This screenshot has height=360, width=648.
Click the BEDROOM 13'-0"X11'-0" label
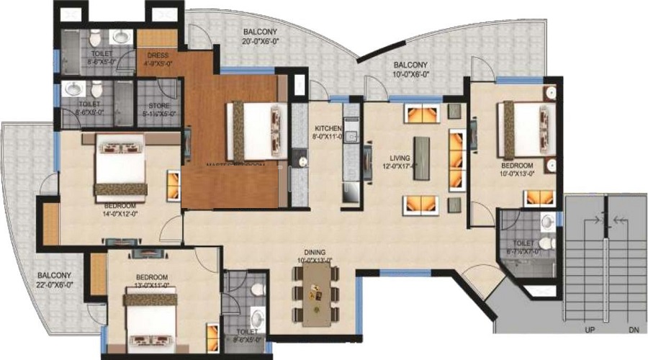(x=152, y=281)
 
